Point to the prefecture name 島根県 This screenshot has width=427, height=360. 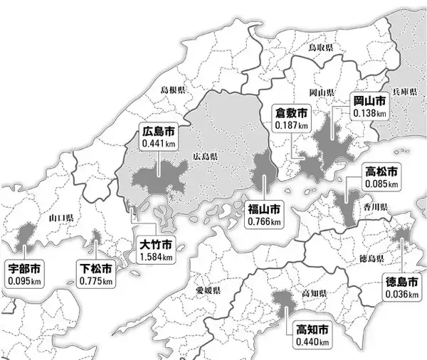172,90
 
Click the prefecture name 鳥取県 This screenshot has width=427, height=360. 320,47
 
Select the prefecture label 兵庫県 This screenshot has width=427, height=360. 407,93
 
